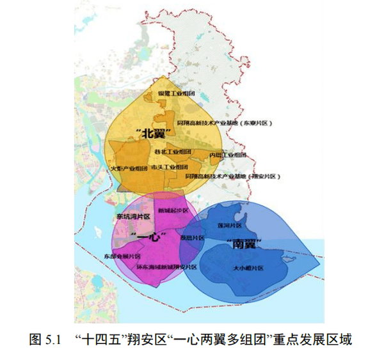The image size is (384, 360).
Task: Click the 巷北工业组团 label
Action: [x=173, y=152]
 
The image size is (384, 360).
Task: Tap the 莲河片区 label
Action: [x=229, y=226]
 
